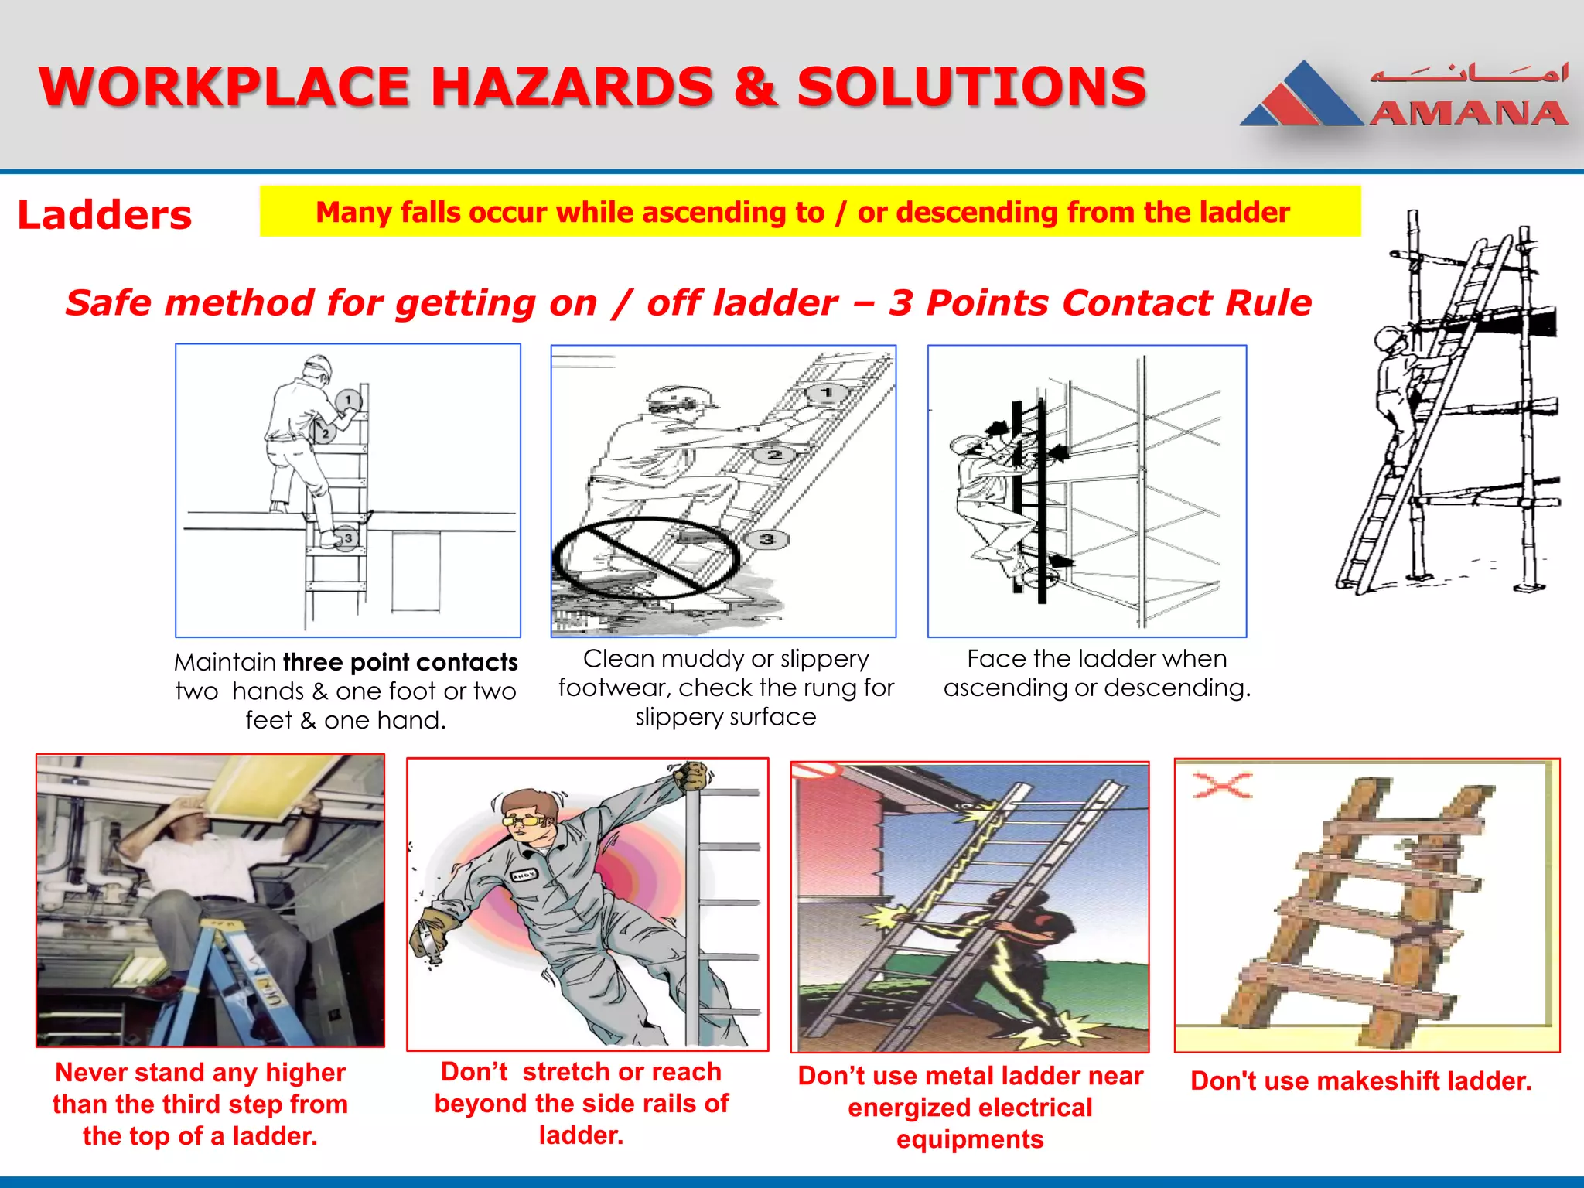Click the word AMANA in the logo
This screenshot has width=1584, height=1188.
pos(1468,114)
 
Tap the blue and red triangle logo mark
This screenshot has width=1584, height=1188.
pos(1301,97)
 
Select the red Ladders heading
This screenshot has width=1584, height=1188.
pos(104,215)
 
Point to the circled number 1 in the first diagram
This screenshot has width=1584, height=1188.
pos(348,400)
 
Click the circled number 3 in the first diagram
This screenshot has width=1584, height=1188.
pos(348,538)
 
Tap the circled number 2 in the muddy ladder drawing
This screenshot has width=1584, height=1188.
pos(774,455)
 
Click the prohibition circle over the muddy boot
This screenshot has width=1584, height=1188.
pos(646,558)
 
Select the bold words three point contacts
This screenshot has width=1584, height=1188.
pos(400,662)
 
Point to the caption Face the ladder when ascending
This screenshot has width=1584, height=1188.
pos(1097,673)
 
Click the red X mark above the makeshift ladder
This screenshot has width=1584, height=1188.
pos(1222,786)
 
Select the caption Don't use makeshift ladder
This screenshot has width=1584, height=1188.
pos(1360,1080)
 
